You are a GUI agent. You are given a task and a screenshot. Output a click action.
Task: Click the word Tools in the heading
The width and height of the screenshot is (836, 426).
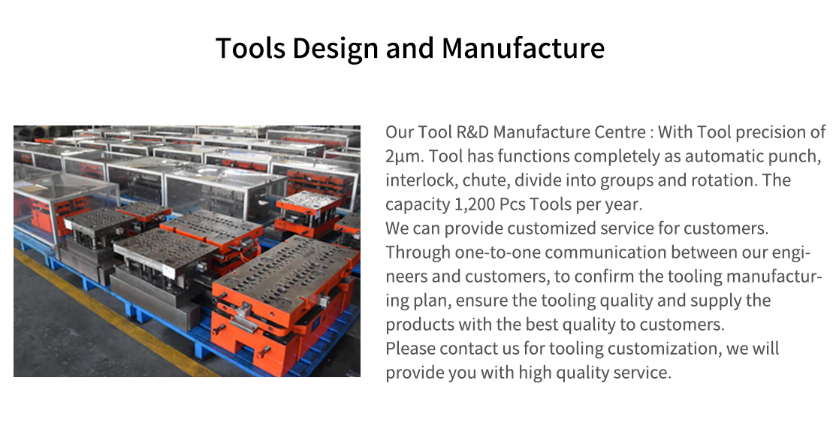coord(251,48)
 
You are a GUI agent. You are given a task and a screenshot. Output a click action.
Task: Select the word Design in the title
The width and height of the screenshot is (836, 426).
coord(335,49)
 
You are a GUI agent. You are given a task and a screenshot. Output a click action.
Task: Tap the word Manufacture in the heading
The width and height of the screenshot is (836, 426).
coord(523,48)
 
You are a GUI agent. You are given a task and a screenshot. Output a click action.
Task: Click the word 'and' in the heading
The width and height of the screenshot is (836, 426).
coord(409,48)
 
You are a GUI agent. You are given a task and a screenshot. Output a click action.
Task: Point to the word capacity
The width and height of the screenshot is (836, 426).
coord(416,205)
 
